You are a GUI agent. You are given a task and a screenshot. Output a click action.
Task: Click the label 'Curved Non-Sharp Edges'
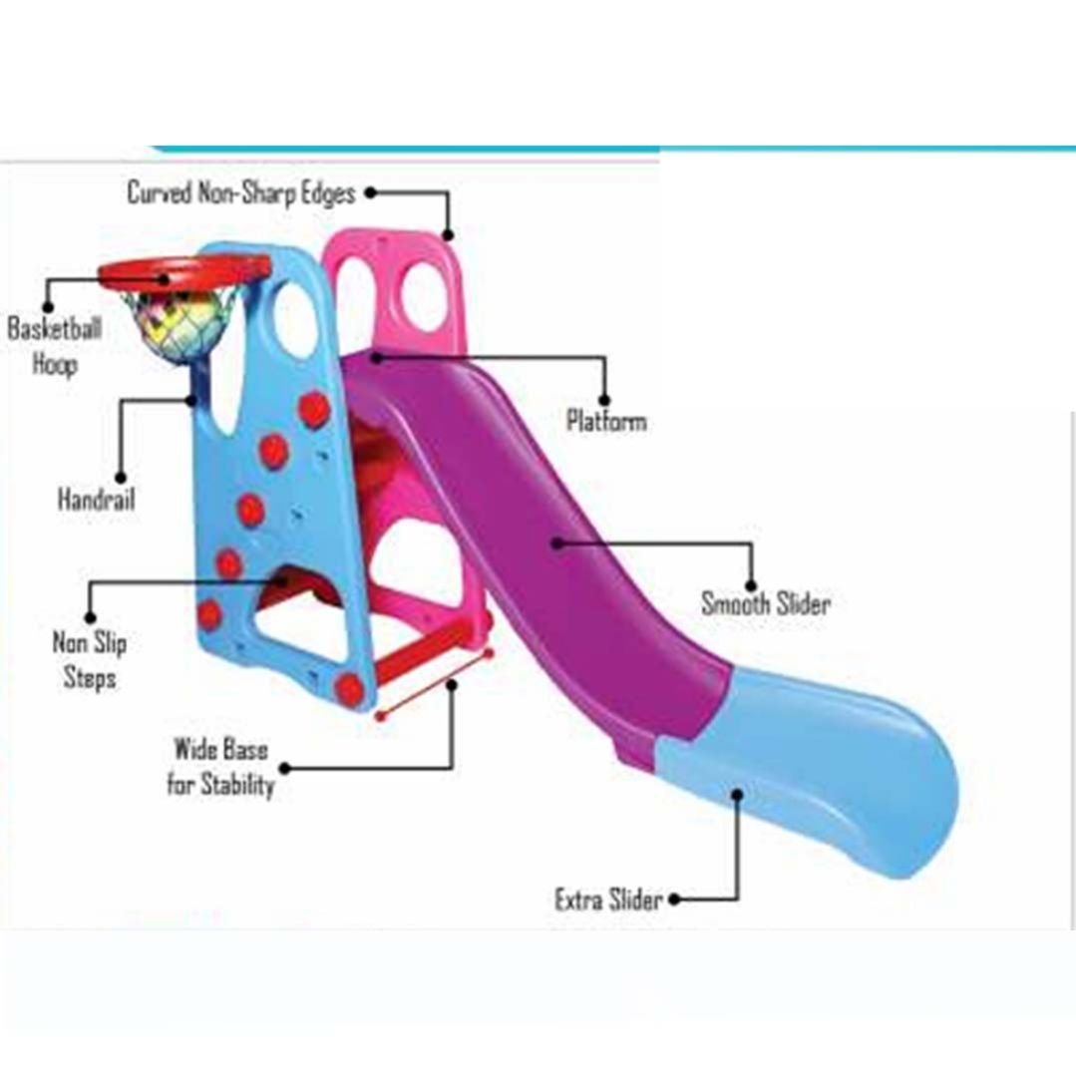[x=240, y=192]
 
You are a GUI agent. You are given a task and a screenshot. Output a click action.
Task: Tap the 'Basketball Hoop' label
[x=54, y=345]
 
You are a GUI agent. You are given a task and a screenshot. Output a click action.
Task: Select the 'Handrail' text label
[x=96, y=499]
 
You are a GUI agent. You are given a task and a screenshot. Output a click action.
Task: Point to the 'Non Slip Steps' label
[x=90, y=660]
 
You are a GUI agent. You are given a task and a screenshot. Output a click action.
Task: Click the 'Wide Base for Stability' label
[x=220, y=767]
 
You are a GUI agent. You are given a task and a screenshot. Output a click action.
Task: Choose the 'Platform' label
[x=606, y=421]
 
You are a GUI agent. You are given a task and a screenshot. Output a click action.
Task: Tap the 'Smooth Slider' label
[x=765, y=603]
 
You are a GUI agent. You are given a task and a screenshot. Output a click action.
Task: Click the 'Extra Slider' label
[x=608, y=899]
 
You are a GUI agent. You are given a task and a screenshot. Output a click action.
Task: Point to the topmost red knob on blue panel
[x=314, y=409]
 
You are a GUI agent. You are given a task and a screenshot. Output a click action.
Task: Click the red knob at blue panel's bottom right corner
[x=349, y=689]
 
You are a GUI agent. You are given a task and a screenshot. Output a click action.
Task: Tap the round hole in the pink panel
[x=425, y=296]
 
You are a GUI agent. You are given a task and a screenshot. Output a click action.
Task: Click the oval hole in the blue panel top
[x=295, y=319]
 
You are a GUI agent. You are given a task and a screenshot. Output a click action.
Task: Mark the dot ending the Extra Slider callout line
[x=737, y=795]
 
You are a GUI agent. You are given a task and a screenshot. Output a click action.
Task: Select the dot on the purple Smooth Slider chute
[x=557, y=543]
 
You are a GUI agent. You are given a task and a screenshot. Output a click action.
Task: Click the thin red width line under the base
[x=435, y=684]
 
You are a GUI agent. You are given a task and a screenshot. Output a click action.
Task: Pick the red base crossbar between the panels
[x=429, y=648]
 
